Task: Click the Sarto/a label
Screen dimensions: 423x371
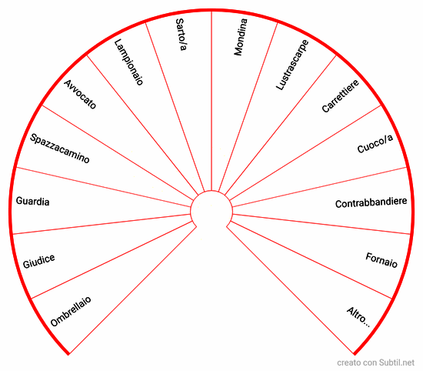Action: [x=181, y=35]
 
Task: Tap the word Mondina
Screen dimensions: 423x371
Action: [x=241, y=37]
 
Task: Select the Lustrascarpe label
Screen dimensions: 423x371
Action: [x=292, y=65]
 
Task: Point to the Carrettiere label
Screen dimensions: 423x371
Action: [x=341, y=96]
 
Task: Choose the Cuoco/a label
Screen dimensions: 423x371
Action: [x=375, y=144]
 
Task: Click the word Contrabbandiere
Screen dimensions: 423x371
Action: [x=371, y=202]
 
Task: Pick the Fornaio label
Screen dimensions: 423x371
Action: [x=381, y=260]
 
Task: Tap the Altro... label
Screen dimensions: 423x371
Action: [x=358, y=317]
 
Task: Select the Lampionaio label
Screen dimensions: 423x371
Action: [x=128, y=62]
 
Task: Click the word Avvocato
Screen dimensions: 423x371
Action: [x=80, y=94]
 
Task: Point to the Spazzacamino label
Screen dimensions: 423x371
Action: [x=60, y=149]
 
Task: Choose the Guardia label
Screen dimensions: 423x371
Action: [x=32, y=201]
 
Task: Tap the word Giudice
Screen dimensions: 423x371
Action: [x=39, y=262]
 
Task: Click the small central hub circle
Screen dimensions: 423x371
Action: [x=211, y=191]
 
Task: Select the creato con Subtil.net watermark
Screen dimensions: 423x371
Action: [x=375, y=363]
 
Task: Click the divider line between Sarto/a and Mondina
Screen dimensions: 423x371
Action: [x=211, y=101]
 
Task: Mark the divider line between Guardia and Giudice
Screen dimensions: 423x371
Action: [x=102, y=224]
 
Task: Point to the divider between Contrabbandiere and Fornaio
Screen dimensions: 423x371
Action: [x=321, y=224]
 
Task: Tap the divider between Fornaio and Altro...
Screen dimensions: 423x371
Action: [x=311, y=259]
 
